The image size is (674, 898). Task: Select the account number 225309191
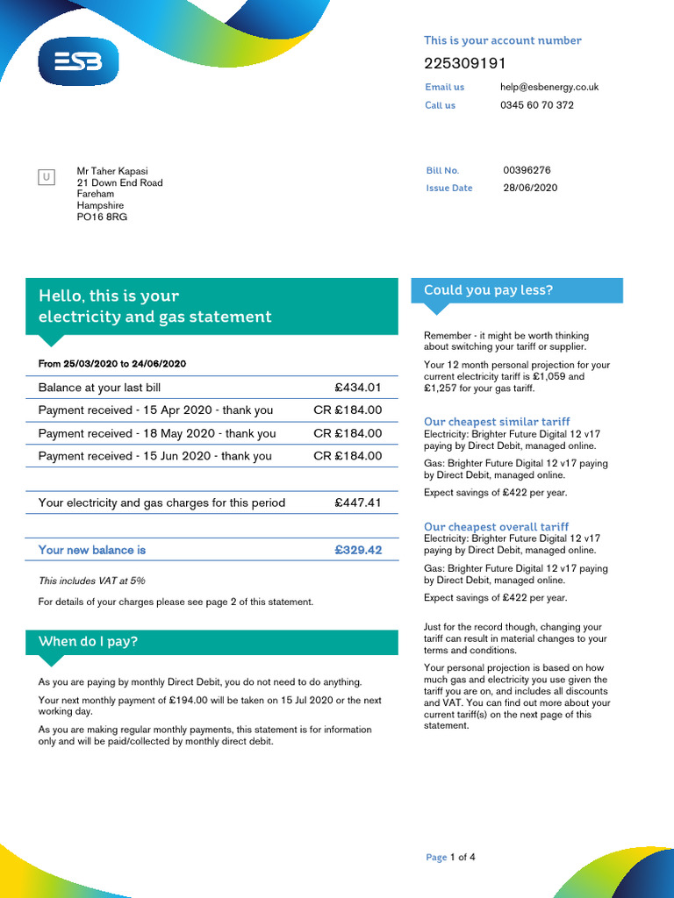coord(464,64)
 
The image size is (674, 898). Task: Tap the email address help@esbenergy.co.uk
coord(549,88)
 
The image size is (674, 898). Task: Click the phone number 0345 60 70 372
coord(537,105)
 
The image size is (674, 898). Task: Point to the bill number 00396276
coord(527,170)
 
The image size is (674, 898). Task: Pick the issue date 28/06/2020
coord(530,188)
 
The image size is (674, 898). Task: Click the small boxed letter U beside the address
coord(47,178)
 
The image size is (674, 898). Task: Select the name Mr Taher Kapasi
coord(118,172)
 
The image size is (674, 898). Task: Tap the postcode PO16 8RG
coord(102,217)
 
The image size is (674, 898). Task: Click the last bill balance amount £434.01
coord(358,388)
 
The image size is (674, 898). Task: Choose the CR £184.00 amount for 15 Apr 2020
coord(348,410)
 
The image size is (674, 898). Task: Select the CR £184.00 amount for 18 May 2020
coord(348,433)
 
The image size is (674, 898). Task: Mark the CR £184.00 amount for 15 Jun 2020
coord(348,456)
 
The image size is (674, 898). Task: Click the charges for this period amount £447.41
coord(358,503)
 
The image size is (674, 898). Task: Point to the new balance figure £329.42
coord(358,551)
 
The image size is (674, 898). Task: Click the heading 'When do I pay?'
coord(89,642)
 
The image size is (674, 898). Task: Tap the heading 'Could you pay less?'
coord(488,290)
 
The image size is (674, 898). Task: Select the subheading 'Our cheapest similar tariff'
coord(497,422)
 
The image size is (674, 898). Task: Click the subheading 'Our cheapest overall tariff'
coord(496,527)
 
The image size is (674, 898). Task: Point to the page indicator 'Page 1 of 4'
coord(450,857)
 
